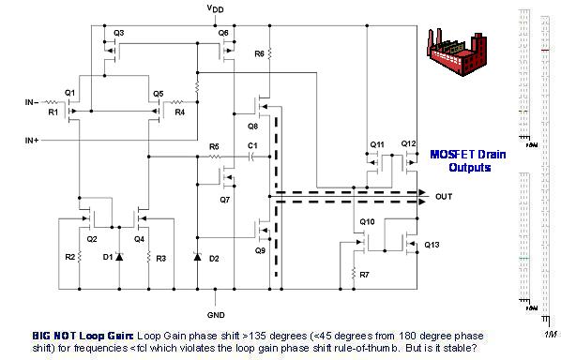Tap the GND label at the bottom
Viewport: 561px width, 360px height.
pyautogui.click(x=214, y=315)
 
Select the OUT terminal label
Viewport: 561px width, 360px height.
pyautogui.click(x=446, y=197)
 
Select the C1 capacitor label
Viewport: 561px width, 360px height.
pyautogui.click(x=252, y=146)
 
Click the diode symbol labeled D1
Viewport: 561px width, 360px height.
pyautogui.click(x=118, y=256)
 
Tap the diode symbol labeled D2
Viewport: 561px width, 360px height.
pyautogui.click(x=197, y=257)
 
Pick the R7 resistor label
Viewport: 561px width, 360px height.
pyautogui.click(x=364, y=275)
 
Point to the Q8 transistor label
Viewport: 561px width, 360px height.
pyautogui.click(x=252, y=125)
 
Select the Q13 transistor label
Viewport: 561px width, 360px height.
pyautogui.click(x=432, y=245)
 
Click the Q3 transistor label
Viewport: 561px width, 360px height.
pyautogui.click(x=118, y=33)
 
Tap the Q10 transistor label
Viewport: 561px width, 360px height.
pyautogui.click(x=367, y=222)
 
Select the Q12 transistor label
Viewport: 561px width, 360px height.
pyautogui.click(x=408, y=143)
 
